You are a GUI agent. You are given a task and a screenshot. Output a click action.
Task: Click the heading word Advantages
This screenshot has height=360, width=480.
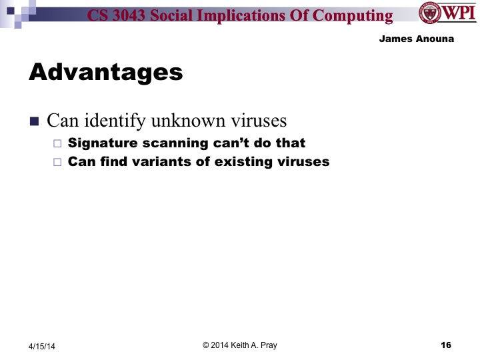coord(105,71)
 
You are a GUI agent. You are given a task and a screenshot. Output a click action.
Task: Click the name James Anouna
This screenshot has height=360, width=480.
coord(416,39)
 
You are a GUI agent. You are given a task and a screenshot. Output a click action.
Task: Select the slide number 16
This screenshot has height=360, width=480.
coord(446,345)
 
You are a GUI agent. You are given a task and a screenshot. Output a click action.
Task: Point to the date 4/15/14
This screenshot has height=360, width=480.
coord(42,346)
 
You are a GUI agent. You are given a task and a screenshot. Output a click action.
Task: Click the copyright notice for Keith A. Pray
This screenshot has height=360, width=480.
coord(239,345)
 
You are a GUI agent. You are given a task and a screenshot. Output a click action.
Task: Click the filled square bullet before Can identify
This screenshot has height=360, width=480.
coord(35,121)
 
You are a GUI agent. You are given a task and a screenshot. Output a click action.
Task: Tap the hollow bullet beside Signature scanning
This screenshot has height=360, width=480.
coord(57,143)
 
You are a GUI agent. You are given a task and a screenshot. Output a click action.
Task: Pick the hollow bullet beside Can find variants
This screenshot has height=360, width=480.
coord(57,162)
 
